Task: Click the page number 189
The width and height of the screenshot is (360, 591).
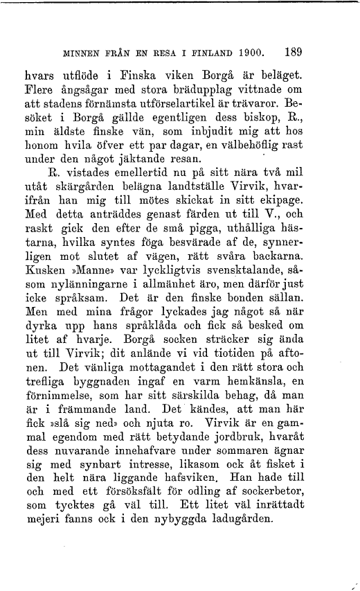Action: click(293, 51)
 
